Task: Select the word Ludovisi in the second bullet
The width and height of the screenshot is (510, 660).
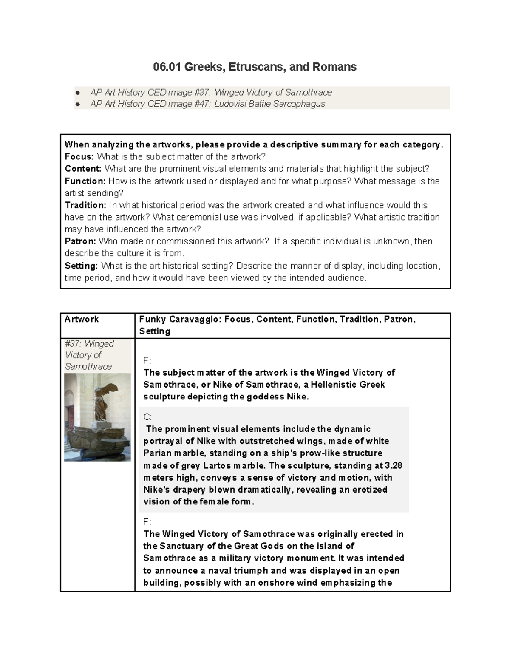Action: [230, 104]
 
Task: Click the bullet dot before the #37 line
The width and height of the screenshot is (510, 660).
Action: [77, 93]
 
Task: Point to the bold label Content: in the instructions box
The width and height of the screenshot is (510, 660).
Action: [83, 169]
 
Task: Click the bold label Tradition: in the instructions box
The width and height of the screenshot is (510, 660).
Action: [85, 205]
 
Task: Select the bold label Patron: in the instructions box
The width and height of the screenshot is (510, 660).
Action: [80, 241]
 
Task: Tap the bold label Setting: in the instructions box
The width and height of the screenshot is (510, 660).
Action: [81, 266]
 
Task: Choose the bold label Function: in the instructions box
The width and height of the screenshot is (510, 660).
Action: [85, 181]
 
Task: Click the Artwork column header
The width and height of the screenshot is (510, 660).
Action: [82, 319]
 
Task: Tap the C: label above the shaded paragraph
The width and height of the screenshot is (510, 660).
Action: [147, 417]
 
